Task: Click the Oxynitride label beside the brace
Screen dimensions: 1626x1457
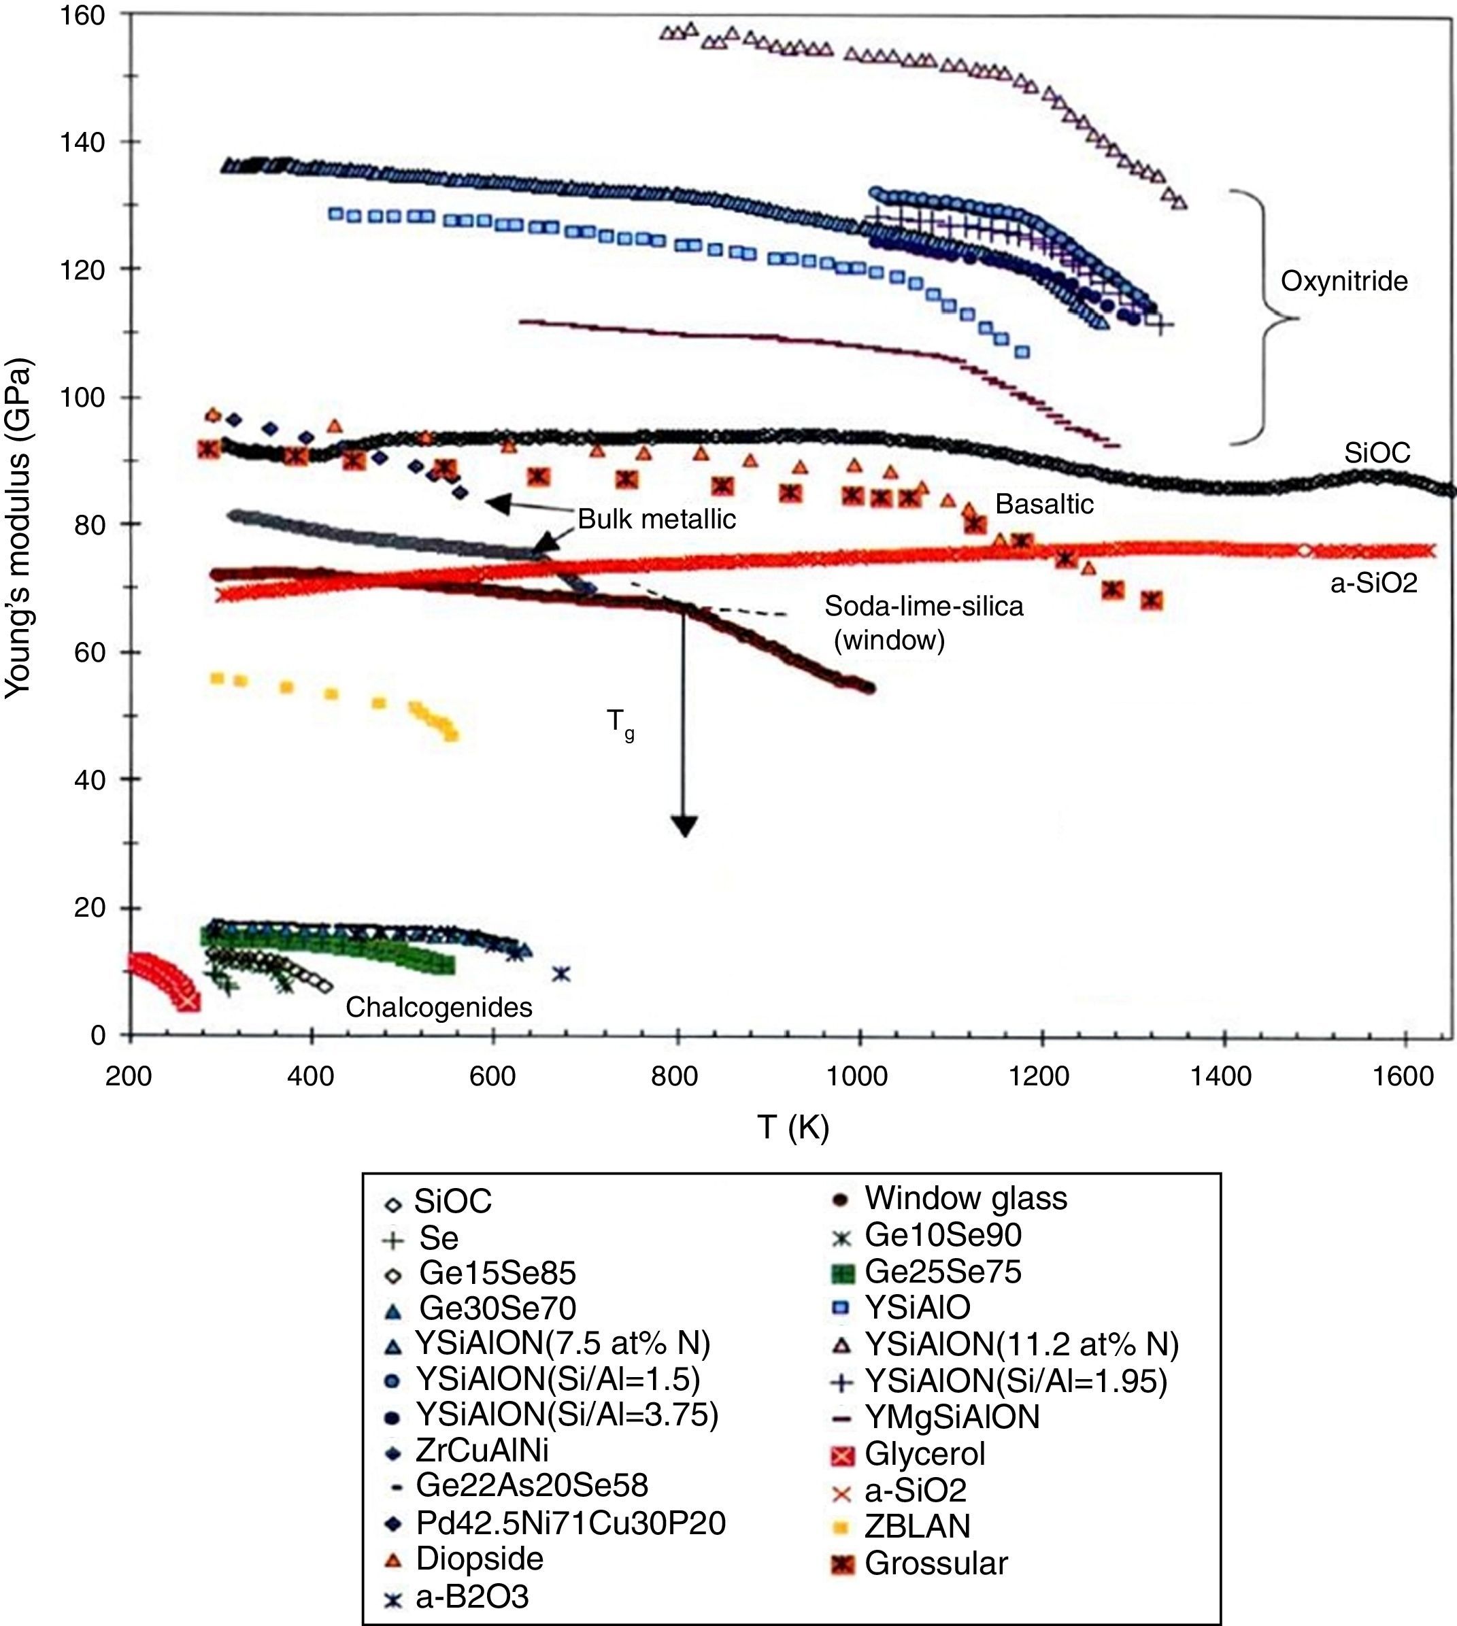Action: tap(1343, 282)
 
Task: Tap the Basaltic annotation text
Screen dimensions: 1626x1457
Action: tap(1044, 504)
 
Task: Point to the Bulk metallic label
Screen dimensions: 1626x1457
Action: tap(656, 520)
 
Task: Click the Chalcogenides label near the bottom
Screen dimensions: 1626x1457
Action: tap(439, 1006)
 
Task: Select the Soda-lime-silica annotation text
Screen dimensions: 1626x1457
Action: tap(924, 607)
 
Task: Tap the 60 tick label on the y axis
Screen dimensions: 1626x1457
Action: tap(90, 652)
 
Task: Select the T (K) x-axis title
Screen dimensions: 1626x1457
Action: tap(792, 1128)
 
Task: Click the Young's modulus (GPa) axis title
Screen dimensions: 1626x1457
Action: tap(18, 528)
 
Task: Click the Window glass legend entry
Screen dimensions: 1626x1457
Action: tap(965, 1198)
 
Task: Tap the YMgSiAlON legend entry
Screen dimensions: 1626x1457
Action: tap(952, 1418)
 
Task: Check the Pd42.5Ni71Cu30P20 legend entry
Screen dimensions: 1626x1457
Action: tap(570, 1523)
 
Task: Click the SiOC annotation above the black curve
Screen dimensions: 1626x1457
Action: tap(1377, 454)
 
